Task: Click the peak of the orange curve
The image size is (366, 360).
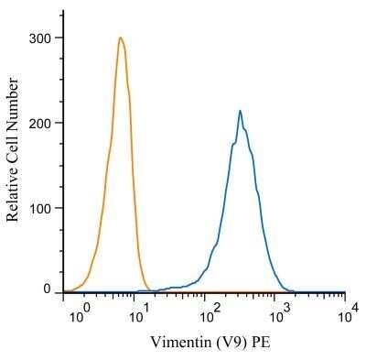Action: [120, 38]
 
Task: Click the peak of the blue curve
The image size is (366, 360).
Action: [240, 111]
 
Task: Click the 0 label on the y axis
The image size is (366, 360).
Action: [48, 289]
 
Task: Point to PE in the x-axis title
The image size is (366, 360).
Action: [260, 343]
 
